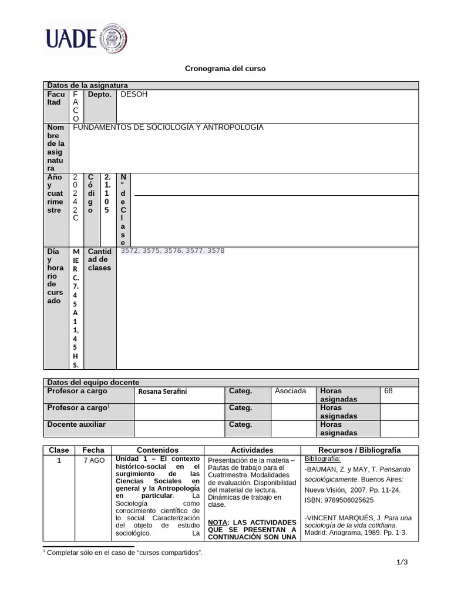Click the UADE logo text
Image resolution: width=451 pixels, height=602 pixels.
(x=70, y=38)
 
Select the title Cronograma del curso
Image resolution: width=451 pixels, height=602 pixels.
(x=225, y=69)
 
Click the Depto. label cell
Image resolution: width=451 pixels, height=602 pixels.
(x=100, y=94)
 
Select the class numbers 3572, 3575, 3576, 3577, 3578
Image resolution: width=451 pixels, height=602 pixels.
(x=172, y=251)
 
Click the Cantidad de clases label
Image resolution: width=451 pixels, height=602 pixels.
(x=99, y=259)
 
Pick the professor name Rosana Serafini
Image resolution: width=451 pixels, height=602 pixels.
(x=163, y=392)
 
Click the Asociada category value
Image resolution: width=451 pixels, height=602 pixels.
(x=290, y=391)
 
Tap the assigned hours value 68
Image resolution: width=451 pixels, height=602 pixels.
(x=389, y=391)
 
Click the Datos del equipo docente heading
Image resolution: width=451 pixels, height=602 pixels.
(x=93, y=382)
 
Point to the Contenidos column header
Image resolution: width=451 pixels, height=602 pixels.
(x=157, y=450)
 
